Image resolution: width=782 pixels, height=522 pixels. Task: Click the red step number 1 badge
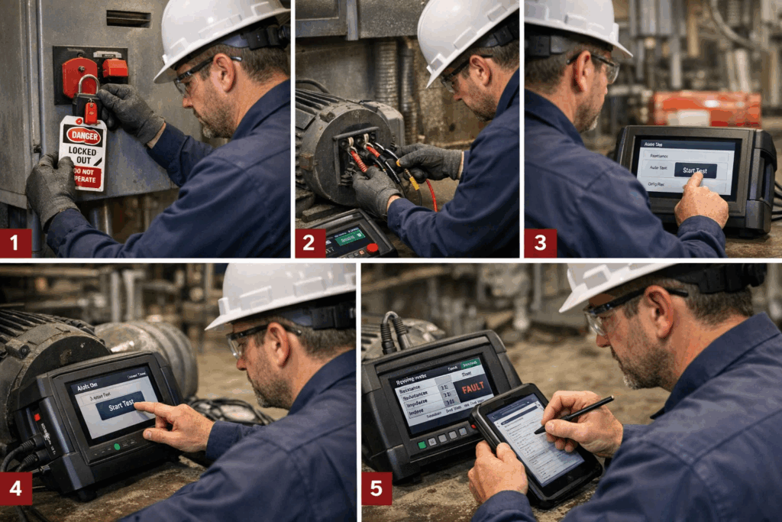pyautogui.click(x=15, y=243)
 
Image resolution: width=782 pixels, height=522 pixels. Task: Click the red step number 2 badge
pyautogui.click(x=310, y=243)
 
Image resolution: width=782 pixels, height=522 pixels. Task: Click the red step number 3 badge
pyautogui.click(x=540, y=243)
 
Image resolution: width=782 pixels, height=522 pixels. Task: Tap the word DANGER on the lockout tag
pyautogui.click(x=83, y=135)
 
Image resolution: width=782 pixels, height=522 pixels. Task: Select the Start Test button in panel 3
pyautogui.click(x=694, y=170)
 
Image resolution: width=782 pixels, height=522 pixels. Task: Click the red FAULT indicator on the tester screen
pyautogui.click(x=473, y=387)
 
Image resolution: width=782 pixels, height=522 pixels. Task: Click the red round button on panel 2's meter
pyautogui.click(x=373, y=248)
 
